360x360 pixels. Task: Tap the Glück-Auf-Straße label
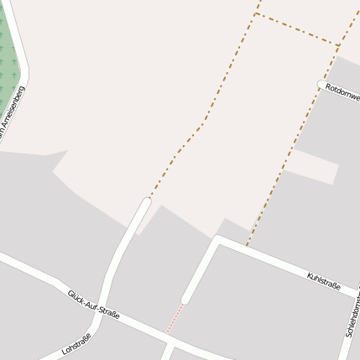coord(93,303)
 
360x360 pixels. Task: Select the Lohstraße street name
coord(76,343)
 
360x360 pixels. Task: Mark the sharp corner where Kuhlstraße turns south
coord(217,239)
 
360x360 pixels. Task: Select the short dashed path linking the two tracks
coord(298,29)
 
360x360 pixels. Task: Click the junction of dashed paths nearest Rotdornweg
coord(340,45)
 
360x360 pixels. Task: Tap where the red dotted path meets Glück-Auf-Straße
coord(169,333)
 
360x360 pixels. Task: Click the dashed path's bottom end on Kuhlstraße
coord(248,245)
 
